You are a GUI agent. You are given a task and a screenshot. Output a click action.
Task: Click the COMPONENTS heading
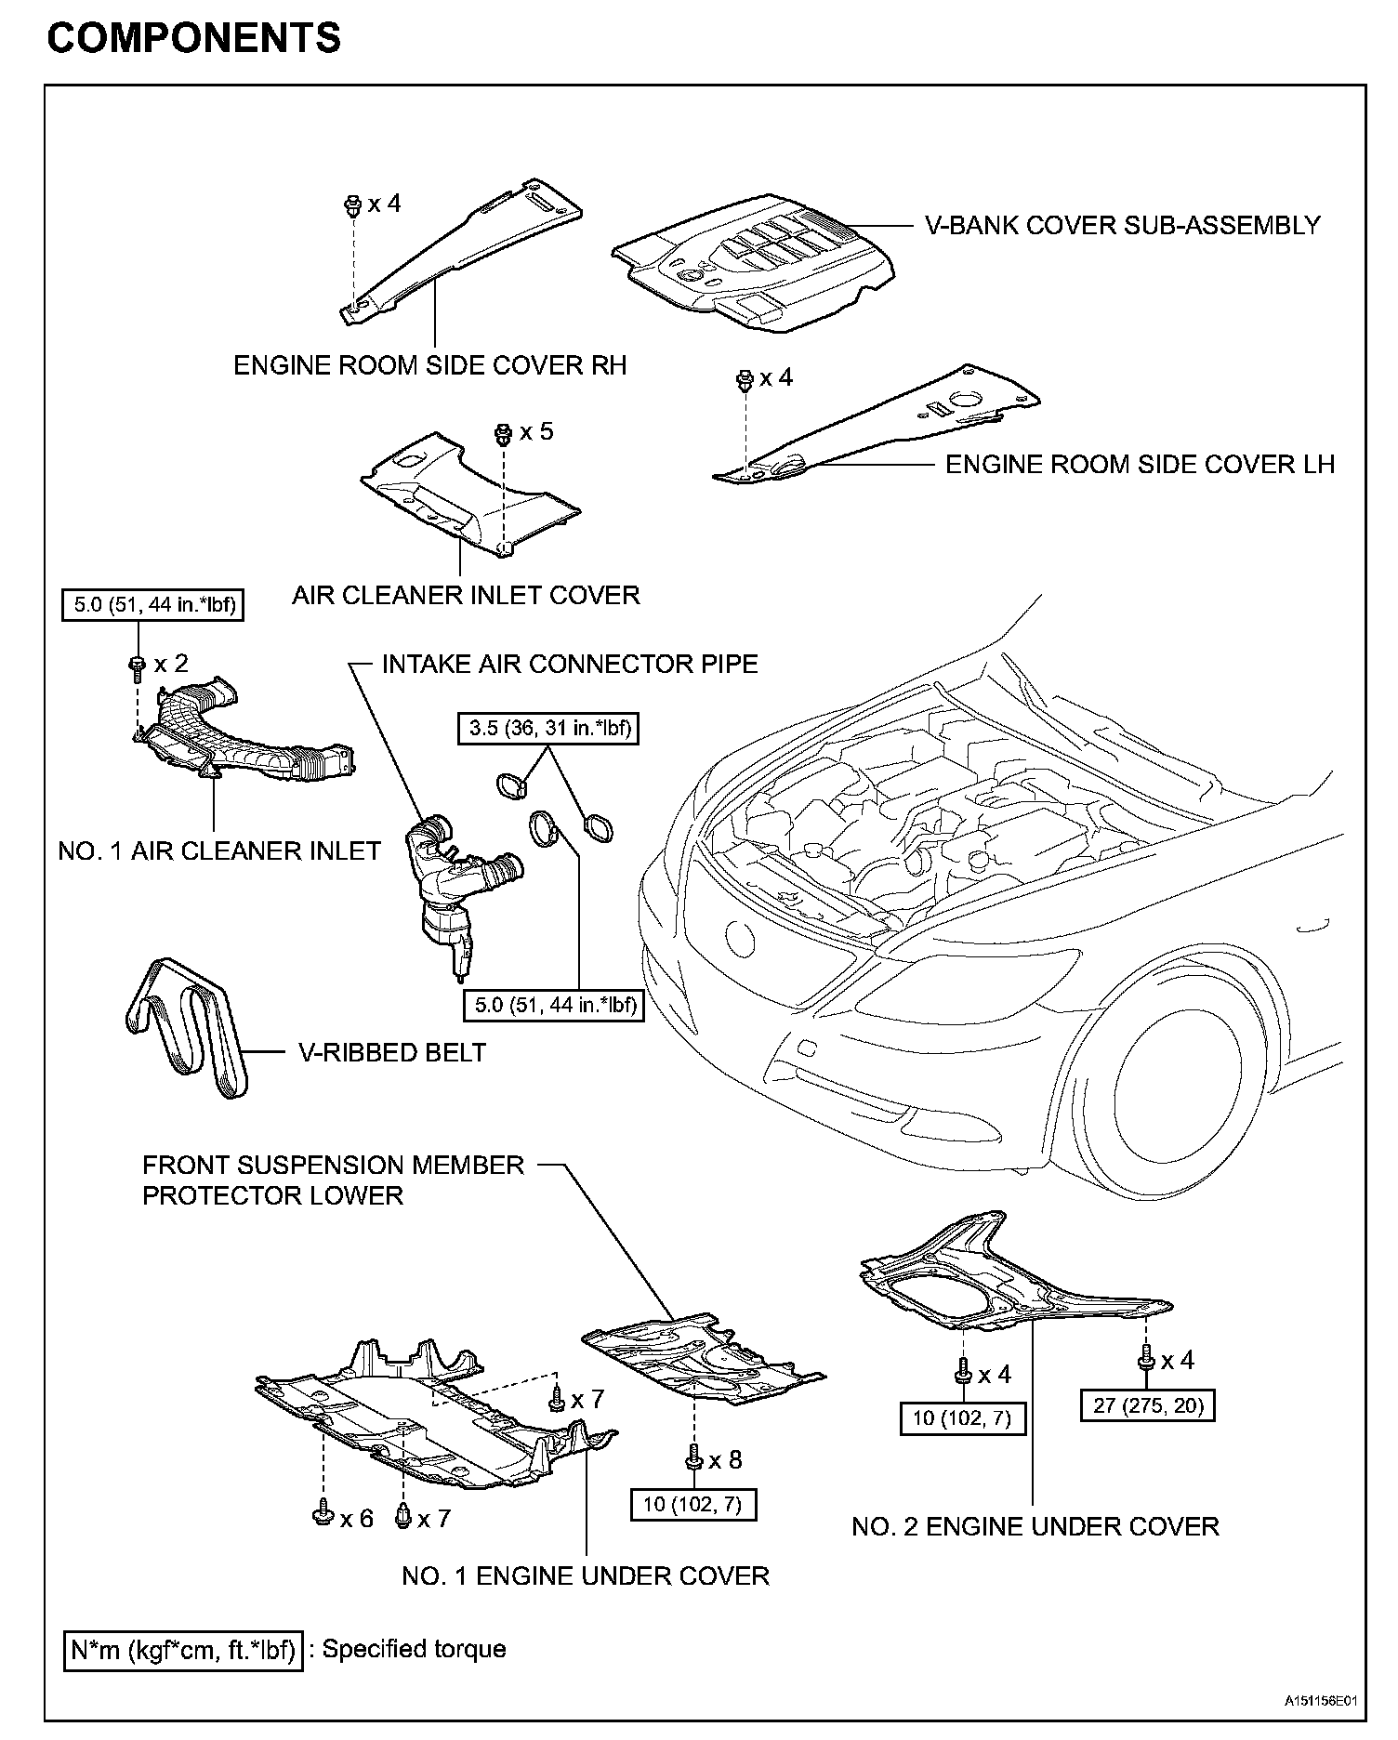point(193,38)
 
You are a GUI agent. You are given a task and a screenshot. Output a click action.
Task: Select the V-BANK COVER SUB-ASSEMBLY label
point(1122,225)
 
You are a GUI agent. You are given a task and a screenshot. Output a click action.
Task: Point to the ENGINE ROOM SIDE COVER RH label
point(429,365)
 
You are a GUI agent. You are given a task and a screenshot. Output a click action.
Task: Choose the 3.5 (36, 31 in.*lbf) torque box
point(550,728)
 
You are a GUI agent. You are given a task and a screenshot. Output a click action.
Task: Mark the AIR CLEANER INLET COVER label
point(466,595)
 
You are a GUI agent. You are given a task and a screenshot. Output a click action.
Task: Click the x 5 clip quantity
point(536,431)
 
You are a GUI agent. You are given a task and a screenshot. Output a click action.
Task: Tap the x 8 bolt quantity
point(725,1460)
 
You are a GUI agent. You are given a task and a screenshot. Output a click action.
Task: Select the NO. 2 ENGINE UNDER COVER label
point(1035,1527)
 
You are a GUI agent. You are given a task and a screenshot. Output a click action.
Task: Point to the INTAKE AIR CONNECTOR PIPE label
point(570,664)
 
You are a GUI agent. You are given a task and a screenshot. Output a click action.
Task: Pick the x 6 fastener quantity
point(356,1518)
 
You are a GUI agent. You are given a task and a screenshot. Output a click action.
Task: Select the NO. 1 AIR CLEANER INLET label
point(219,850)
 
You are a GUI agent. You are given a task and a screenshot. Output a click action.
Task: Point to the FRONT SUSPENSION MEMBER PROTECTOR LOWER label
point(333,1180)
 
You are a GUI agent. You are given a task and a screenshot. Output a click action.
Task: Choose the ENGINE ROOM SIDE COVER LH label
point(1140,464)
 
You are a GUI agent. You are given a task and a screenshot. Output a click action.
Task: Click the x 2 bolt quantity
point(171,663)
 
